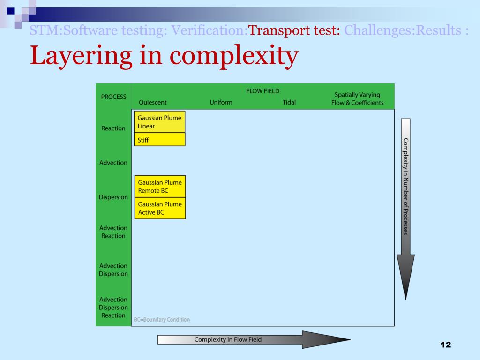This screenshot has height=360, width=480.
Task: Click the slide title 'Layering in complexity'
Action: [x=164, y=56]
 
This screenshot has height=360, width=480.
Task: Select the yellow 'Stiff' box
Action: [x=159, y=140]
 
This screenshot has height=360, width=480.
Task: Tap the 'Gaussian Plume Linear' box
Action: [x=159, y=122]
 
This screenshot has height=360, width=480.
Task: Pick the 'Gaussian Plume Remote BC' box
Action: [x=160, y=187]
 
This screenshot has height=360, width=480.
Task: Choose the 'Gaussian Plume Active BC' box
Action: [x=160, y=208]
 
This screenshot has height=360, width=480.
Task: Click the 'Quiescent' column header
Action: [x=152, y=103]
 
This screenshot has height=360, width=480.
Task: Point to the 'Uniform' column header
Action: [x=221, y=103]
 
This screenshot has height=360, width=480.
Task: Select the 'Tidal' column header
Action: [x=289, y=103]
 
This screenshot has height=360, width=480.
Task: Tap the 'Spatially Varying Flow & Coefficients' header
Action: [x=357, y=99]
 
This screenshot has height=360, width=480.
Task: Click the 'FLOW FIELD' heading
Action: [x=262, y=91]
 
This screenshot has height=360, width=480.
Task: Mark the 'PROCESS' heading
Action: [x=113, y=97]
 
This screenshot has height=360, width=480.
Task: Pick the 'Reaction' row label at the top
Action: [x=113, y=128]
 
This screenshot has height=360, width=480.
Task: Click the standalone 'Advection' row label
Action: [x=113, y=163]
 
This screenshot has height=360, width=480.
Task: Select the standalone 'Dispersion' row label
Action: [x=113, y=197]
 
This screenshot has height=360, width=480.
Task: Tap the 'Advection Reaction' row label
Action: [x=113, y=232]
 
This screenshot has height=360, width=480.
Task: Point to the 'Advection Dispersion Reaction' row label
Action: [x=113, y=307]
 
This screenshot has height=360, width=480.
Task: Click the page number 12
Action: [x=445, y=345]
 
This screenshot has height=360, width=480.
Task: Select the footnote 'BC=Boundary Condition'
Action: [x=162, y=320]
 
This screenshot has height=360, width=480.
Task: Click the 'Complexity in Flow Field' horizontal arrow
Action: [x=253, y=339]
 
